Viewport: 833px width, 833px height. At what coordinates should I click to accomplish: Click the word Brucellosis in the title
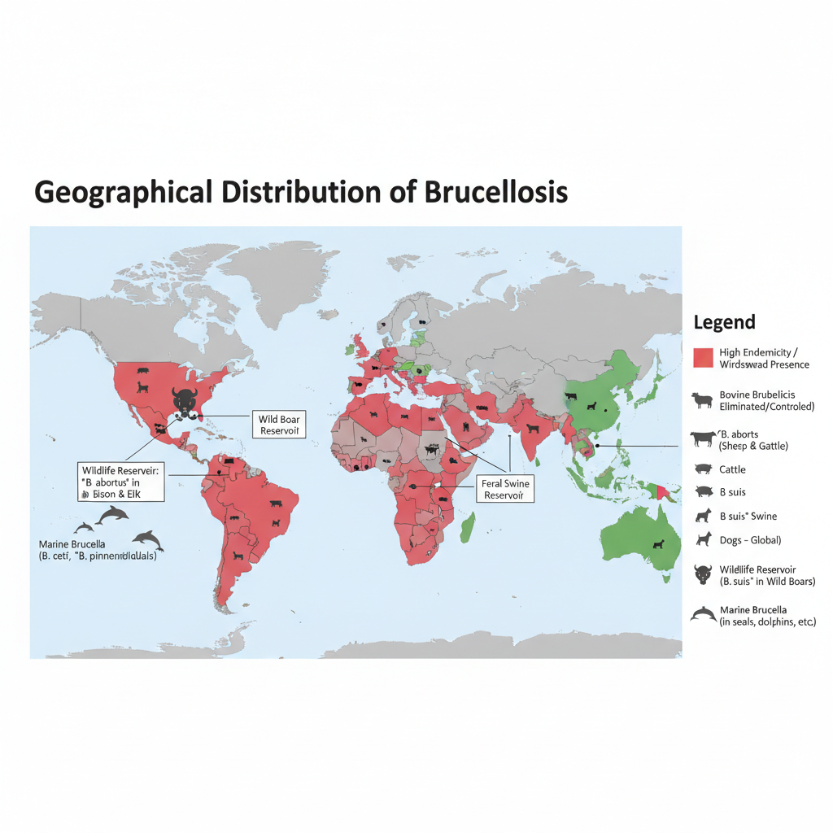pos(495,192)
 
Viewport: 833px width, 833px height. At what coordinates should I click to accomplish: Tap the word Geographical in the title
pos(122,192)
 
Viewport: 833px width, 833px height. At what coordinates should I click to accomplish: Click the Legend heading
pos(724,322)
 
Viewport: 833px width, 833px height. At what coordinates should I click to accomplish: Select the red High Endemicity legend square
pos(703,357)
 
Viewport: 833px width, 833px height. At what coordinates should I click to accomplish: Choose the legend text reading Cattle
pos(732,469)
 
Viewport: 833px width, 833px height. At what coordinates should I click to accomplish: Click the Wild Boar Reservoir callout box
pos(279,425)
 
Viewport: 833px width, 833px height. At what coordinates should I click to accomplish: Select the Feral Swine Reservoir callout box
pos(505,489)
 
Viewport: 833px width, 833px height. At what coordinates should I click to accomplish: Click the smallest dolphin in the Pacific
pos(84,527)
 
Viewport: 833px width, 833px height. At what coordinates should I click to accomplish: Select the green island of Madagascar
pos(468,527)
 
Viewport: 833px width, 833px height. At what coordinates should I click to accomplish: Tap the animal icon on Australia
pos(657,543)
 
